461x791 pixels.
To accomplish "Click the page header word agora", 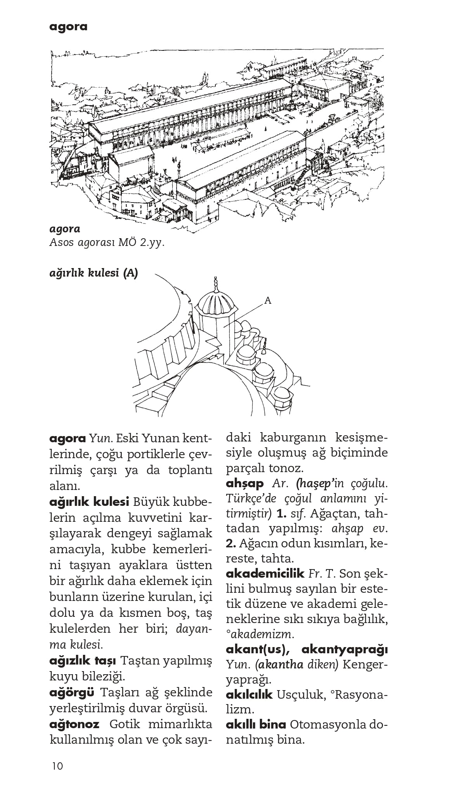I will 68,27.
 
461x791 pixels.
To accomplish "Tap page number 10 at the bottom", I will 57,766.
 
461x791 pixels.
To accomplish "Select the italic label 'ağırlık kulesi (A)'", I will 94,273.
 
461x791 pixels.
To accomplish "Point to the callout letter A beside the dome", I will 267,300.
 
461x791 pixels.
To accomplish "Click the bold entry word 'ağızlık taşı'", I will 83,660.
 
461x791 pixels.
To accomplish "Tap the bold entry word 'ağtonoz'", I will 75,724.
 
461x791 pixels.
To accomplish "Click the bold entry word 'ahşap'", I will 244,483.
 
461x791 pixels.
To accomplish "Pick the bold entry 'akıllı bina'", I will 256,724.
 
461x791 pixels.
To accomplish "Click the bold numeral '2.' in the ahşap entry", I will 231,543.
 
